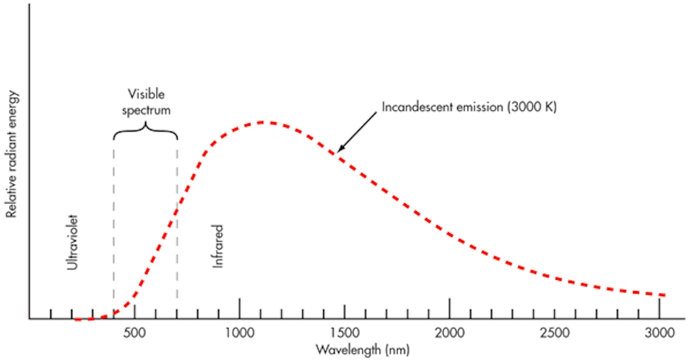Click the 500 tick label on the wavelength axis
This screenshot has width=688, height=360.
tap(134, 333)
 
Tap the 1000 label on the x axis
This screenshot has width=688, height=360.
tap(239, 333)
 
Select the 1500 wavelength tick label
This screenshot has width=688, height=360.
tap(344, 333)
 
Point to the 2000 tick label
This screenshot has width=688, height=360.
tap(449, 333)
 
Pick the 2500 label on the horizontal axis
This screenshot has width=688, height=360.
tap(554, 333)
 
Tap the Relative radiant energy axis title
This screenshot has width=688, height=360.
tap(11, 154)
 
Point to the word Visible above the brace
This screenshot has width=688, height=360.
tap(146, 94)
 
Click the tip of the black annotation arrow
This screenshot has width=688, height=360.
tap(338, 152)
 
